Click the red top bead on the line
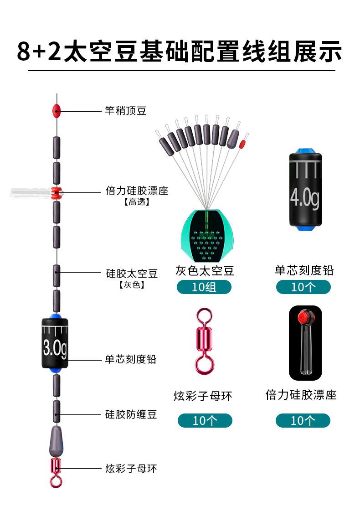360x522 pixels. tap(56, 110)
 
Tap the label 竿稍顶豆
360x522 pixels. tap(125, 111)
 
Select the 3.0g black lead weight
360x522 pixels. tap(55, 343)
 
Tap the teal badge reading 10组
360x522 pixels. tap(204, 287)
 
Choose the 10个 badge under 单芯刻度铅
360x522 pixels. tap(303, 287)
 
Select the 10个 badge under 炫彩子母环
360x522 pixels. tap(205, 420)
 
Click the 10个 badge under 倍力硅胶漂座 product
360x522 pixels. tap(303, 420)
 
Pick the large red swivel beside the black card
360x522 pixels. tap(204, 341)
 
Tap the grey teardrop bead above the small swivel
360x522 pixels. tap(56, 441)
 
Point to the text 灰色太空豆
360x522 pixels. tap(205, 271)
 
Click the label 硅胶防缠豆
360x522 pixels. tap(131, 414)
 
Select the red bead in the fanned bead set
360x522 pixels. tap(242, 144)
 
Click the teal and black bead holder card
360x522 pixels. tap(207, 236)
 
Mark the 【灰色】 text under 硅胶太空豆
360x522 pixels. tap(132, 284)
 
